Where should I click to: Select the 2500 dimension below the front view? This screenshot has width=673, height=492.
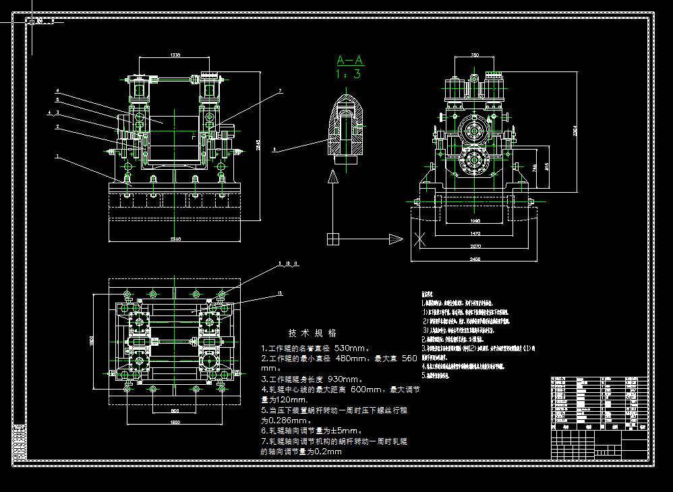click(x=175, y=239)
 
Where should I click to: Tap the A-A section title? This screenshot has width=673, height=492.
click(x=349, y=60)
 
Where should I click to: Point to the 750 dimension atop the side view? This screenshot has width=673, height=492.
click(x=475, y=55)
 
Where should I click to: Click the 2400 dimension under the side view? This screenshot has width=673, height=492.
click(x=475, y=259)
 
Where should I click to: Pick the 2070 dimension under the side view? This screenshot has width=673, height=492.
click(x=475, y=246)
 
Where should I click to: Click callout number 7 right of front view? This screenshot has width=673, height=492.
click(x=280, y=90)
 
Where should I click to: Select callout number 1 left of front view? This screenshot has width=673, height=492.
click(x=58, y=156)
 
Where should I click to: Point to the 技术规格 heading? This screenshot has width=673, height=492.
click(x=312, y=333)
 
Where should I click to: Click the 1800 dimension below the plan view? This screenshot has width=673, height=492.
click(x=175, y=422)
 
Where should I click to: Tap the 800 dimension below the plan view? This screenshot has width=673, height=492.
click(x=175, y=410)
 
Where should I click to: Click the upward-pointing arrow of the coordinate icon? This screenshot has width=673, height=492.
click(x=332, y=178)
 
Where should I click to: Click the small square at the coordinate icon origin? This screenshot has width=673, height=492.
click(x=332, y=239)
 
